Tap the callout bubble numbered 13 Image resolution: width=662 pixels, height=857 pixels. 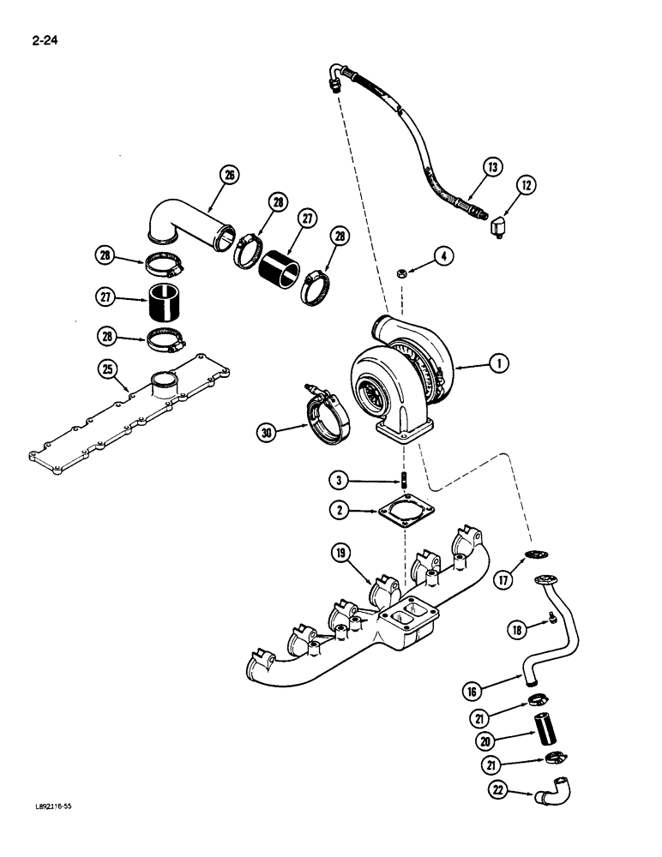(492, 168)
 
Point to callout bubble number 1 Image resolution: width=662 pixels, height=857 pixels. (495, 364)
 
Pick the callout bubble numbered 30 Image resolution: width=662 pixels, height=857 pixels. (270, 434)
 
